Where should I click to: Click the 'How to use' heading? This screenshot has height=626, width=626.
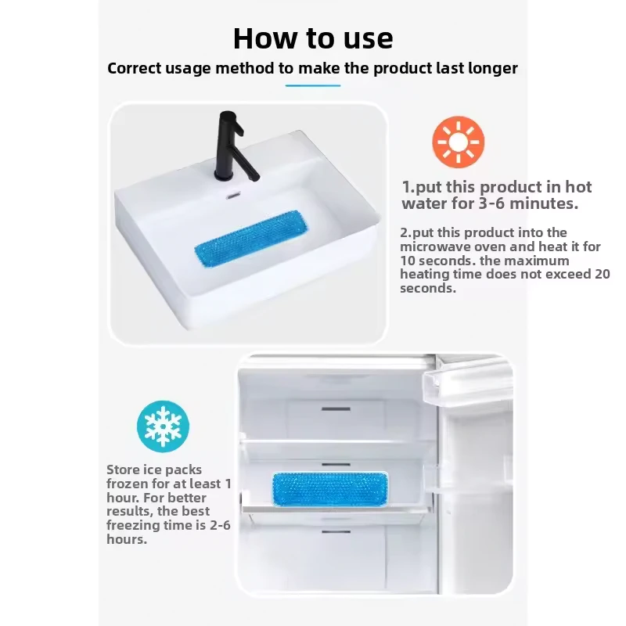click(x=313, y=38)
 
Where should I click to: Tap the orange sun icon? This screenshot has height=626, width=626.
click(x=459, y=142)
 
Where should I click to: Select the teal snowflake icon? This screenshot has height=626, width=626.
click(x=163, y=426)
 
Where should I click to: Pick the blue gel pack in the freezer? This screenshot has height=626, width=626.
click(x=330, y=490)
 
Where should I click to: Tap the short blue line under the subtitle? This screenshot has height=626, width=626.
click(x=312, y=85)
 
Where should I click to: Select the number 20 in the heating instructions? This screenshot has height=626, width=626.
click(x=602, y=274)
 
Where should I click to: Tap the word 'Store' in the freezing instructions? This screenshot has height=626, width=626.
click(x=123, y=469)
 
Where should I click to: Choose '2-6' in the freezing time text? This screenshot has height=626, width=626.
click(x=220, y=525)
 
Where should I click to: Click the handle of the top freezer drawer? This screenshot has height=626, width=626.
click(x=336, y=408)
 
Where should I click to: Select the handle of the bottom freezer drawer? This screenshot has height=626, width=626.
click(x=336, y=532)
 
